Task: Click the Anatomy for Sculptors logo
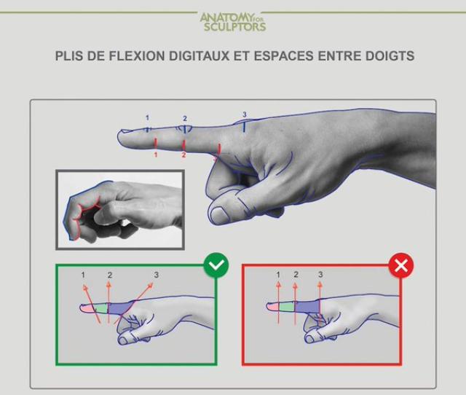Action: pos(233,22)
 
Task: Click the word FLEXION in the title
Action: pos(136,56)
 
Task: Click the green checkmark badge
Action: pos(216,265)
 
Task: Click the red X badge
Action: pos(401,265)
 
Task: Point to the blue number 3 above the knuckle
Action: pos(245,114)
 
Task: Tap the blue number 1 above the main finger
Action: pos(147,118)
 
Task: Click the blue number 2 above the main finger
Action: pos(185,119)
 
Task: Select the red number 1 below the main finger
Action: pos(155,155)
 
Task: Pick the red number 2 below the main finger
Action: pos(183,155)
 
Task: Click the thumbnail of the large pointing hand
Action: pos(220,214)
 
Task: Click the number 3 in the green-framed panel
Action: pos(157,275)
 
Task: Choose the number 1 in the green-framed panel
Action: pos(83,275)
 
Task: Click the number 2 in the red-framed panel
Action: pos(296,274)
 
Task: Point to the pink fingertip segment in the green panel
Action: pos(88,308)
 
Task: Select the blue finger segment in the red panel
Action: pos(307,307)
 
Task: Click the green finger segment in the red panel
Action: pos(286,307)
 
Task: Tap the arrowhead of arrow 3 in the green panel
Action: pos(150,286)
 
